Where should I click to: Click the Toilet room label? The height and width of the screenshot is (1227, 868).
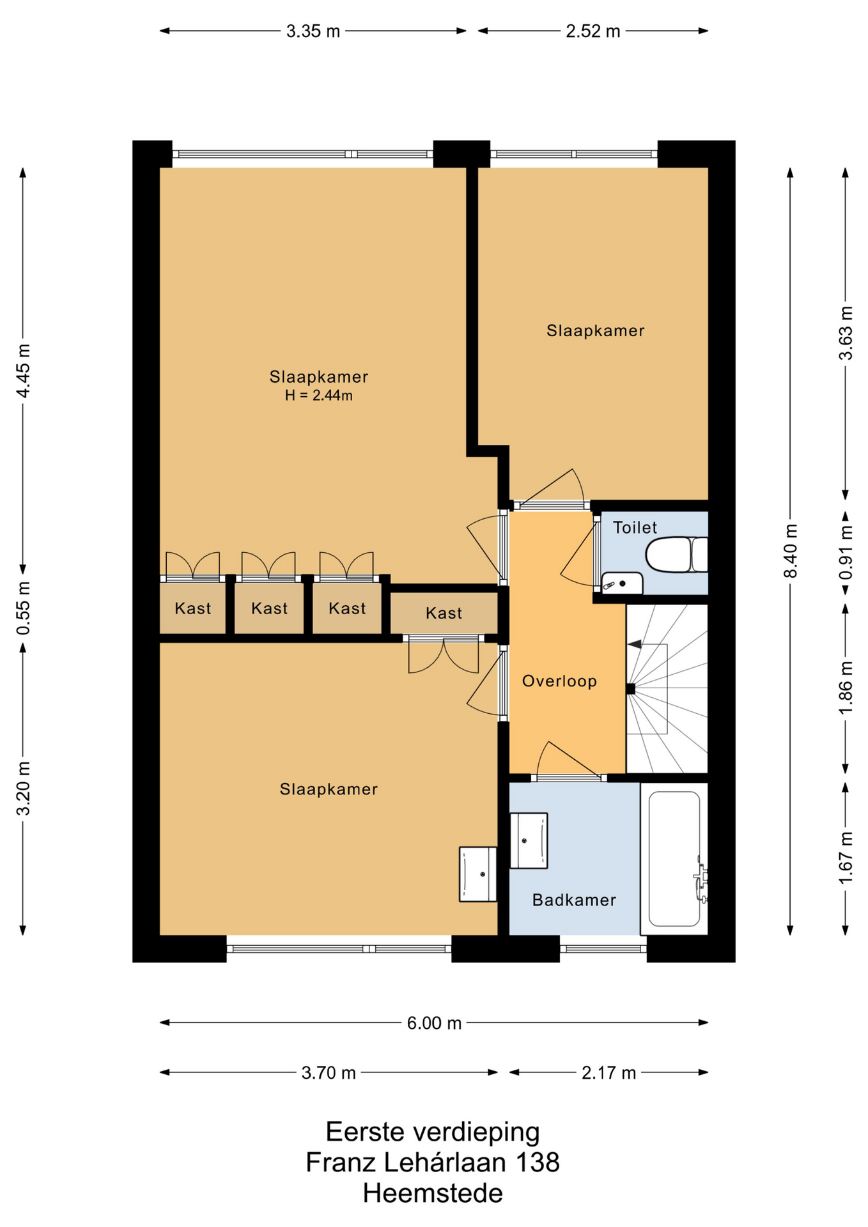tap(635, 527)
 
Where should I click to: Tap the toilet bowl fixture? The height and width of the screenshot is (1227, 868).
tap(677, 554)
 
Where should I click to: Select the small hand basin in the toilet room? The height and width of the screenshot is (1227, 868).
tap(622, 583)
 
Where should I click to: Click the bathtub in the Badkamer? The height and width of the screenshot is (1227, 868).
tap(674, 858)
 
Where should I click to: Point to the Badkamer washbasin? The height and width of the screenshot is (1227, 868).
tap(529, 840)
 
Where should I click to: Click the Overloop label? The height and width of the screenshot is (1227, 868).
tap(559, 681)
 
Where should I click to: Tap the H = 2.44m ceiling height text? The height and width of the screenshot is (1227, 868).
tap(318, 396)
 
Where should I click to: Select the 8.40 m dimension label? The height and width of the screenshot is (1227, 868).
tap(791, 550)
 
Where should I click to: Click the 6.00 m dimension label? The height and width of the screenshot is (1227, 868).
tap(434, 1023)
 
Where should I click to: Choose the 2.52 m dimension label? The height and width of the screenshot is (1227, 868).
tap(593, 31)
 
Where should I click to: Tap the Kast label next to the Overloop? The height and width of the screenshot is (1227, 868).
tap(444, 613)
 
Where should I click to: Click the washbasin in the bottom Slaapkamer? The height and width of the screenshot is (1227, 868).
tap(478, 874)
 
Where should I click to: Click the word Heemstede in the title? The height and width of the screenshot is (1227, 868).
tap(433, 1193)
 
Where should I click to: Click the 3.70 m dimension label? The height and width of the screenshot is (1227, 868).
tap(328, 1073)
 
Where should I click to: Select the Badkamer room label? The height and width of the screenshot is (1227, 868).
tap(574, 900)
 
